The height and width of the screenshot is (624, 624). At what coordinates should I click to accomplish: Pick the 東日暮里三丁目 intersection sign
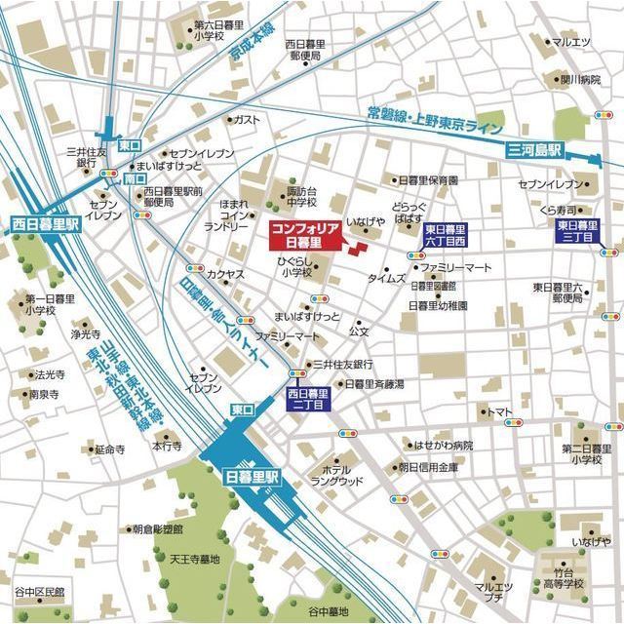(577, 230)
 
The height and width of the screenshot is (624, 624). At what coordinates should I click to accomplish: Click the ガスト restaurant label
(247, 119)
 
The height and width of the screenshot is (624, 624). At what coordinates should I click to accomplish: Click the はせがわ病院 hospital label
(444, 445)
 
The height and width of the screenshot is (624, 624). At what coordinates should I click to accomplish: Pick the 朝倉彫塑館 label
(158, 528)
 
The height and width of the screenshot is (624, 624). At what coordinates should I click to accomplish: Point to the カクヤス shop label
(225, 275)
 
